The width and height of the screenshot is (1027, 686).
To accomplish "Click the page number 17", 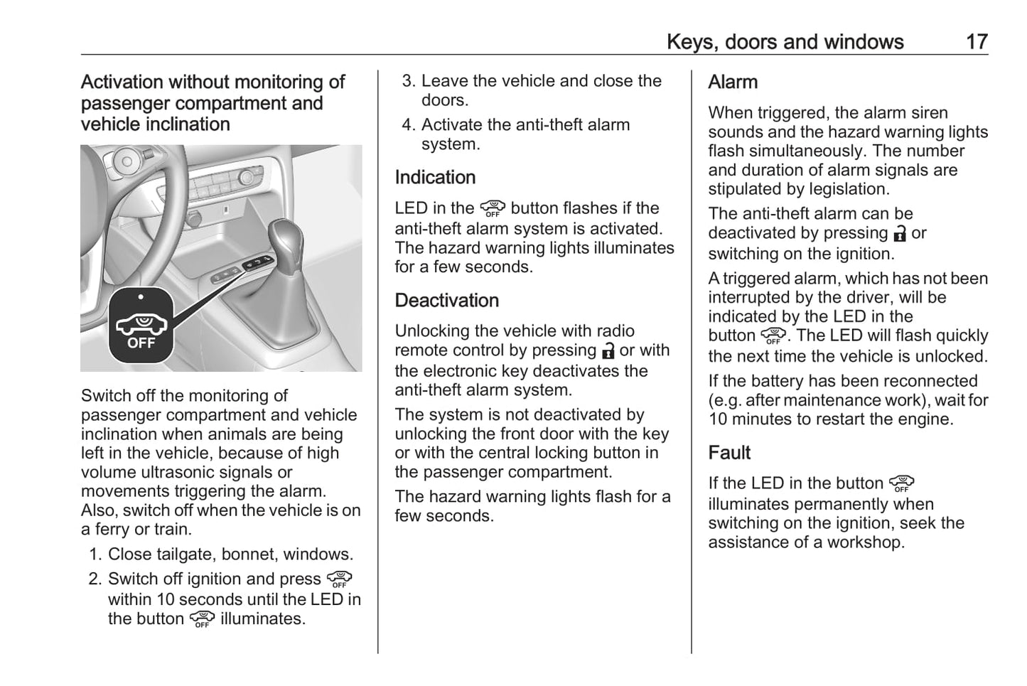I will [x=977, y=42].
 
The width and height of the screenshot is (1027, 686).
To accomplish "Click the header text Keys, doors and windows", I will [x=785, y=42].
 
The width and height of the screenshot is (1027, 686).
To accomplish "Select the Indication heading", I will [x=435, y=177].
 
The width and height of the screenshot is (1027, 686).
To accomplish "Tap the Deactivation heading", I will [x=446, y=300].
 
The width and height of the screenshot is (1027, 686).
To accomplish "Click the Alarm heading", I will [x=733, y=82].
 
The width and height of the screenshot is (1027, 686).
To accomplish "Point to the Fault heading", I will [x=729, y=453].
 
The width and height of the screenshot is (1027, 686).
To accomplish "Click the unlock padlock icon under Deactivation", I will [x=608, y=351].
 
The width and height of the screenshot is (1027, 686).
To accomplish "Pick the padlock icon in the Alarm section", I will [x=900, y=234].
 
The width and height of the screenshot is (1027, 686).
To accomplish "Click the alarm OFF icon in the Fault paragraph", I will [x=901, y=484].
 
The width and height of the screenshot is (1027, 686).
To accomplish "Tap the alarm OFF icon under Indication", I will [x=492, y=209].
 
